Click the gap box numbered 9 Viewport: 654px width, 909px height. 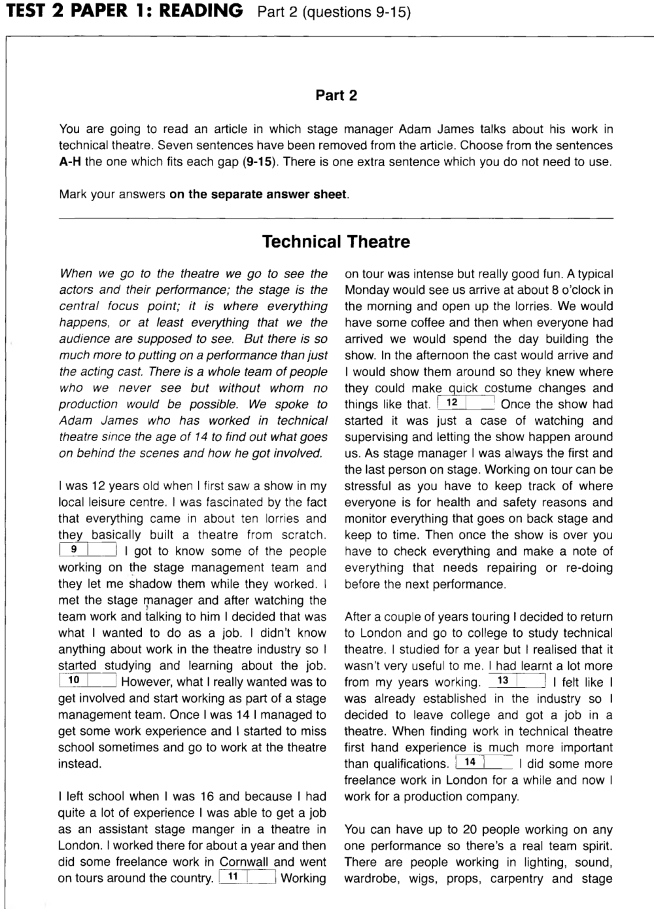(88, 550)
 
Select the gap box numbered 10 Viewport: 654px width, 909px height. (88, 681)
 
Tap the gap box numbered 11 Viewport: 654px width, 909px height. (247, 878)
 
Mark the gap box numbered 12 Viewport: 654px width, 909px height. (466, 403)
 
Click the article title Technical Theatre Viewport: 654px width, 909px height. (336, 242)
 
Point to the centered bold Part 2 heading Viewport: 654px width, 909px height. (336, 96)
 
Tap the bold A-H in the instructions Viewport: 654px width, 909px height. (70, 162)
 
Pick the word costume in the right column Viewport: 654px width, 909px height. (508, 388)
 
